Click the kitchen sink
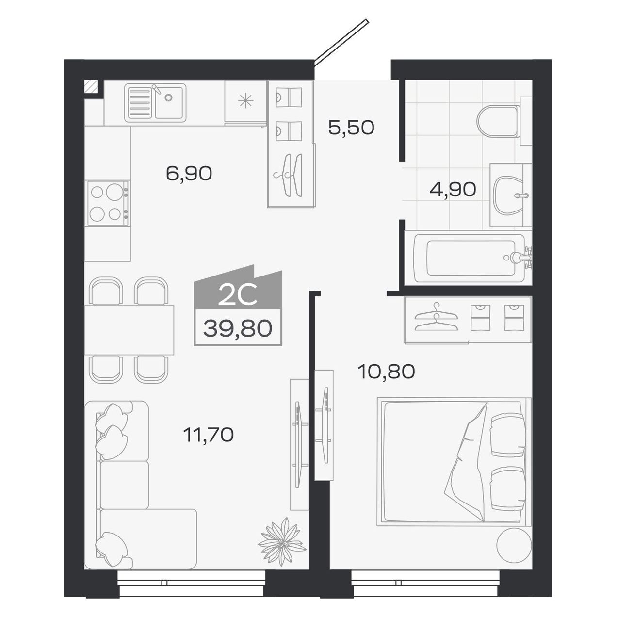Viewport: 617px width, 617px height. click(155, 102)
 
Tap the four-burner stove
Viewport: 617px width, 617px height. click(108, 203)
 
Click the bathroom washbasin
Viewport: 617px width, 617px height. click(509, 195)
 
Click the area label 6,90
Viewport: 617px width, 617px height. click(189, 173)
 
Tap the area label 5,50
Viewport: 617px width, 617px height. click(351, 128)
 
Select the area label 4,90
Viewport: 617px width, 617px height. click(453, 189)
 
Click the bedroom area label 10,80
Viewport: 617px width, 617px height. click(386, 372)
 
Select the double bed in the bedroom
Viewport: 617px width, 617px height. click(455, 460)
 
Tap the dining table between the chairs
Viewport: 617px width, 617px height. click(129, 330)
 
